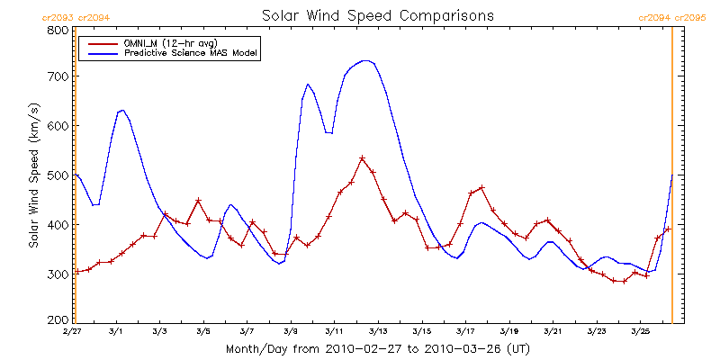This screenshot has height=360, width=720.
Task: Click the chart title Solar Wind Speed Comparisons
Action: (377, 15)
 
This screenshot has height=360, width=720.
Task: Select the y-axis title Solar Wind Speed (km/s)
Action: (33, 175)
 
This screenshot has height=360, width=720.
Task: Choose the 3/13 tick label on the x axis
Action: (378, 332)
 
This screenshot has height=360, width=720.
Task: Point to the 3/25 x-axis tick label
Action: (640, 332)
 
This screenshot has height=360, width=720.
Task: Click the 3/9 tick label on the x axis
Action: (291, 332)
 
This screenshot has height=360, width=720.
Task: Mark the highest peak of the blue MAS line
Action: (365, 61)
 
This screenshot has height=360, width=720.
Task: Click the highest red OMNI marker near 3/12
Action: (362, 158)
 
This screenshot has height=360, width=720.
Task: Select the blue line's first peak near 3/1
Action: (121, 110)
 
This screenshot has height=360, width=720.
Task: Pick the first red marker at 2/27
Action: (77, 272)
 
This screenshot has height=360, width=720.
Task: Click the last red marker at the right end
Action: (668, 229)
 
